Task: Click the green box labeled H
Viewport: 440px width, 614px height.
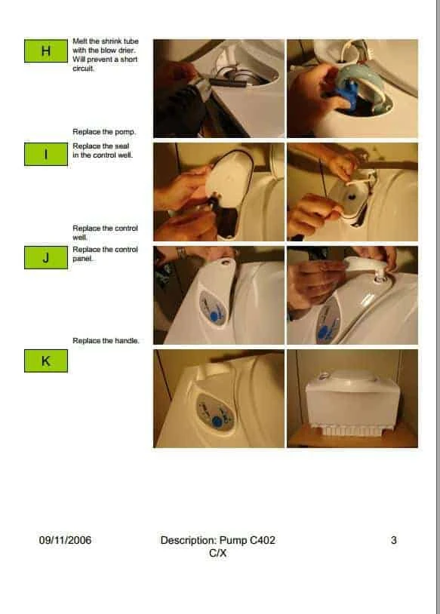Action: (46, 51)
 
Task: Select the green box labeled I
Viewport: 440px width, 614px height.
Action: (46, 154)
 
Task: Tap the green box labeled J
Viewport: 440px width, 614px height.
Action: (46, 258)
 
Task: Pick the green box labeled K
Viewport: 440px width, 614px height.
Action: (46, 361)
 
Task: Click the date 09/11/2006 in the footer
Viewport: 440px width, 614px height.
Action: (65, 540)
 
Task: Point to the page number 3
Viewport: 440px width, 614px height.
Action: (394, 540)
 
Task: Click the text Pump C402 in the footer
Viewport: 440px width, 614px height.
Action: (248, 540)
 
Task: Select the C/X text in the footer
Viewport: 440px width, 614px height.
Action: (218, 554)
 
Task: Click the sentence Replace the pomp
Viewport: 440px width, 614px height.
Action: (104, 132)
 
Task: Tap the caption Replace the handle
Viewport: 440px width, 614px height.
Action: (106, 341)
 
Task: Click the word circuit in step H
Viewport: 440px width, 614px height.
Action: (83, 69)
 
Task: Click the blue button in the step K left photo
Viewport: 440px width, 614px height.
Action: (217, 422)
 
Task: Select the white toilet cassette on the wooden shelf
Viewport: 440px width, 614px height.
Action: (352, 404)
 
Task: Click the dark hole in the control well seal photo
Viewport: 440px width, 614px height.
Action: (351, 196)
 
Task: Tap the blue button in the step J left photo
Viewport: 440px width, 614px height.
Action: (214, 315)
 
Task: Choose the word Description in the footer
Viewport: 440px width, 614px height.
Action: (189, 540)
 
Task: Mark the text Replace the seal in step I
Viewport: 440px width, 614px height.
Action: (100, 146)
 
